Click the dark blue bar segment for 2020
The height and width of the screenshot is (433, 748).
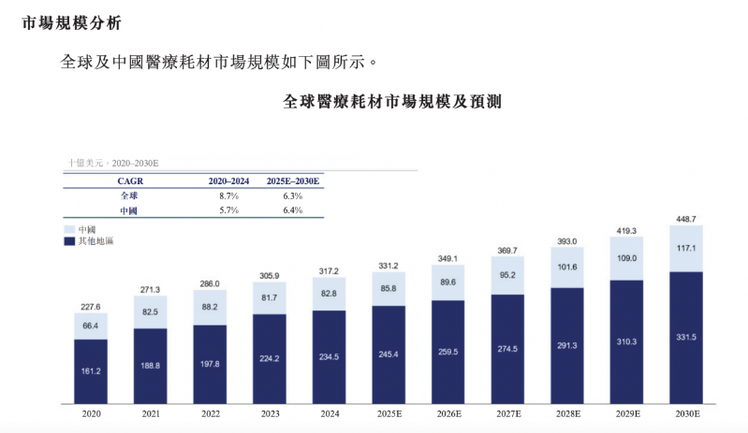(x=91, y=371)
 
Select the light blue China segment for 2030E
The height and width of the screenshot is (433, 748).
(x=686, y=249)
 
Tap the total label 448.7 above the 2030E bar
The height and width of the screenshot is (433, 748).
(x=686, y=219)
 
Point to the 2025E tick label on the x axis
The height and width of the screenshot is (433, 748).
(x=389, y=414)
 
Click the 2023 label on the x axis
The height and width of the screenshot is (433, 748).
(x=270, y=414)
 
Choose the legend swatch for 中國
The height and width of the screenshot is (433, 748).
(x=69, y=230)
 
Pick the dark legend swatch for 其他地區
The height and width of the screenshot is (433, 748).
(x=69, y=241)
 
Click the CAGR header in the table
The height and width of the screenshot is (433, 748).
(x=130, y=181)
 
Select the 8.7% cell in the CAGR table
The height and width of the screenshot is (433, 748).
(x=229, y=195)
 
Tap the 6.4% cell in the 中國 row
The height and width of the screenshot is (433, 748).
(x=293, y=210)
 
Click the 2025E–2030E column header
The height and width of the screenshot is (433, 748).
(x=293, y=181)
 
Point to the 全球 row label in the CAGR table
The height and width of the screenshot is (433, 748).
(x=129, y=195)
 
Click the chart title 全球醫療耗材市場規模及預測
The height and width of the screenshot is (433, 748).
(x=392, y=101)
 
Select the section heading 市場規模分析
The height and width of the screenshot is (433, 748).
(x=71, y=22)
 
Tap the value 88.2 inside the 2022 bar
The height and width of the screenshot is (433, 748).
(x=210, y=307)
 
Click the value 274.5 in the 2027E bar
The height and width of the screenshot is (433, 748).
(x=507, y=349)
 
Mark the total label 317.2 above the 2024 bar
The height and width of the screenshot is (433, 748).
(x=329, y=271)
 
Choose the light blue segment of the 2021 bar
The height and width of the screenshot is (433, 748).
(x=151, y=312)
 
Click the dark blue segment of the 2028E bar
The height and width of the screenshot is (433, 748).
(x=567, y=346)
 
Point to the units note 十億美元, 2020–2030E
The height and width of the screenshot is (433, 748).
(x=113, y=163)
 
